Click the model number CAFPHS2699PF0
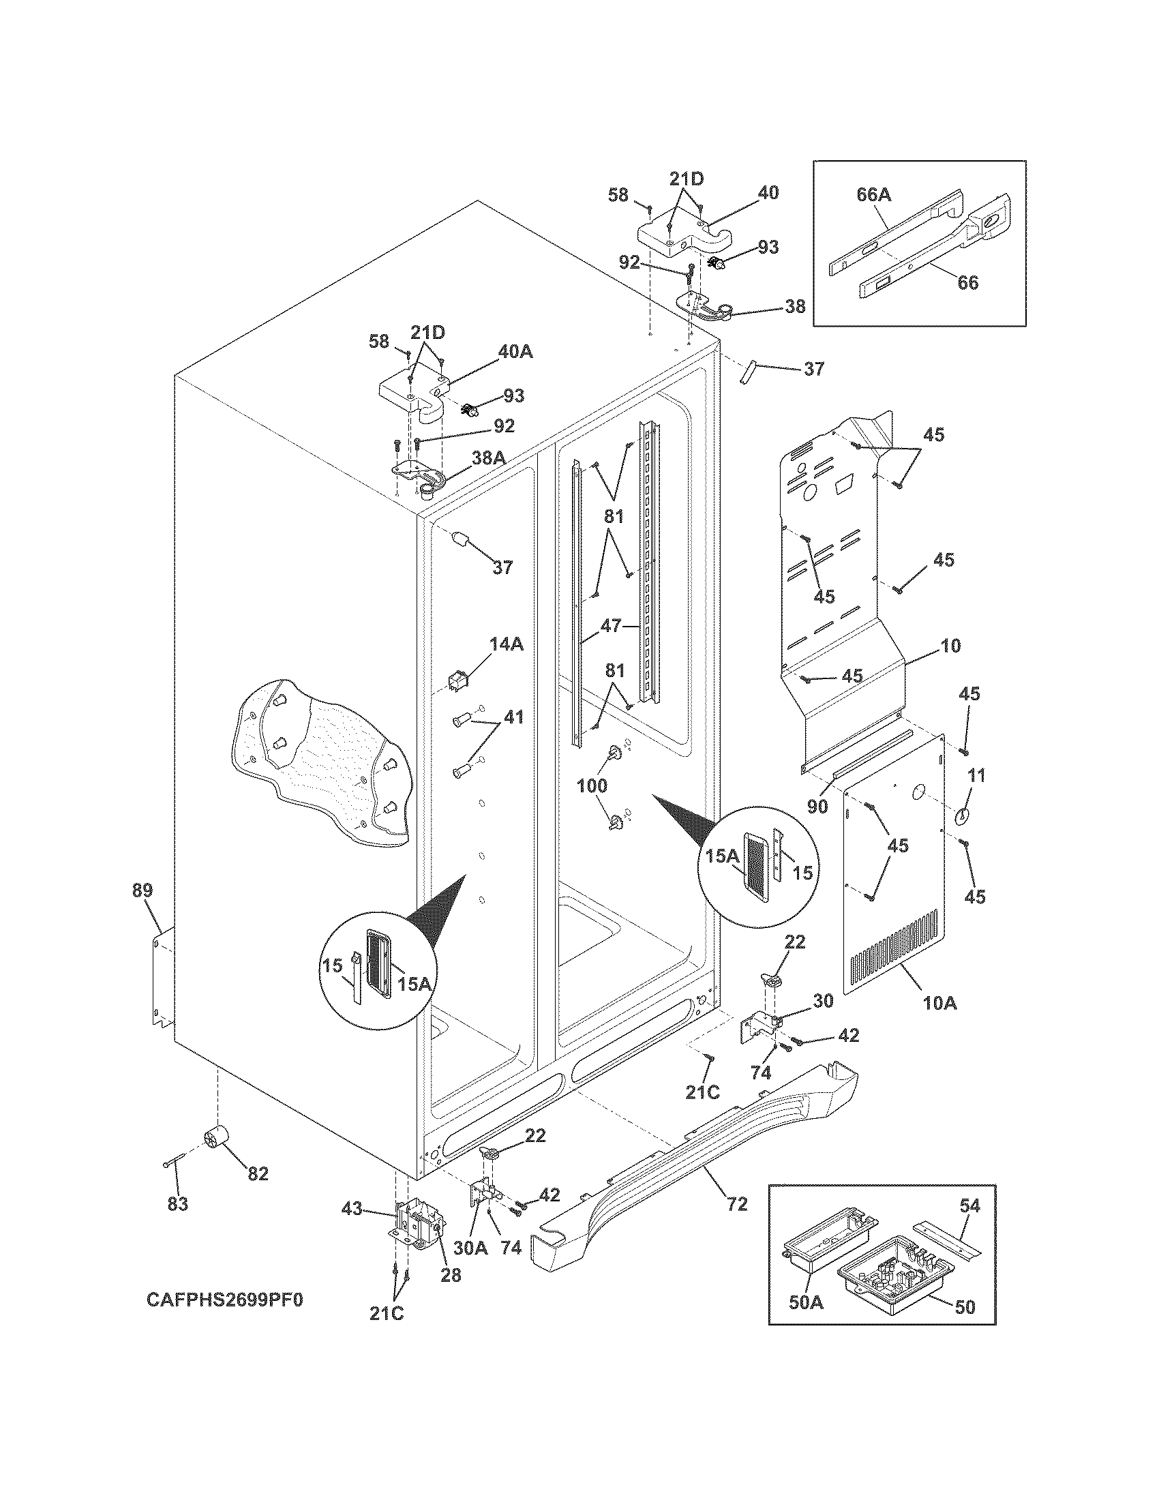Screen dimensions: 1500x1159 coord(224,1300)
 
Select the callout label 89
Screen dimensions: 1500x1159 coord(142,891)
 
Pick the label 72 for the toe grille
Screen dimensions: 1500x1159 coord(736,1203)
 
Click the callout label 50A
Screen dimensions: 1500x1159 coord(805,1321)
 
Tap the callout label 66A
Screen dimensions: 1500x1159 coord(873,195)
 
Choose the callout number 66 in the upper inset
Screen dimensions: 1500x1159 coord(967,282)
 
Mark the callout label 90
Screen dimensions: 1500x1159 coord(817,807)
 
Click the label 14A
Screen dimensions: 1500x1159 coord(507,644)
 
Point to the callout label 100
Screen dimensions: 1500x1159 coord(592,785)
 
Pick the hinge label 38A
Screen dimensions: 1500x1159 coord(488,458)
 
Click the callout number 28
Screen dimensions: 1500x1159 coord(451,1276)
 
